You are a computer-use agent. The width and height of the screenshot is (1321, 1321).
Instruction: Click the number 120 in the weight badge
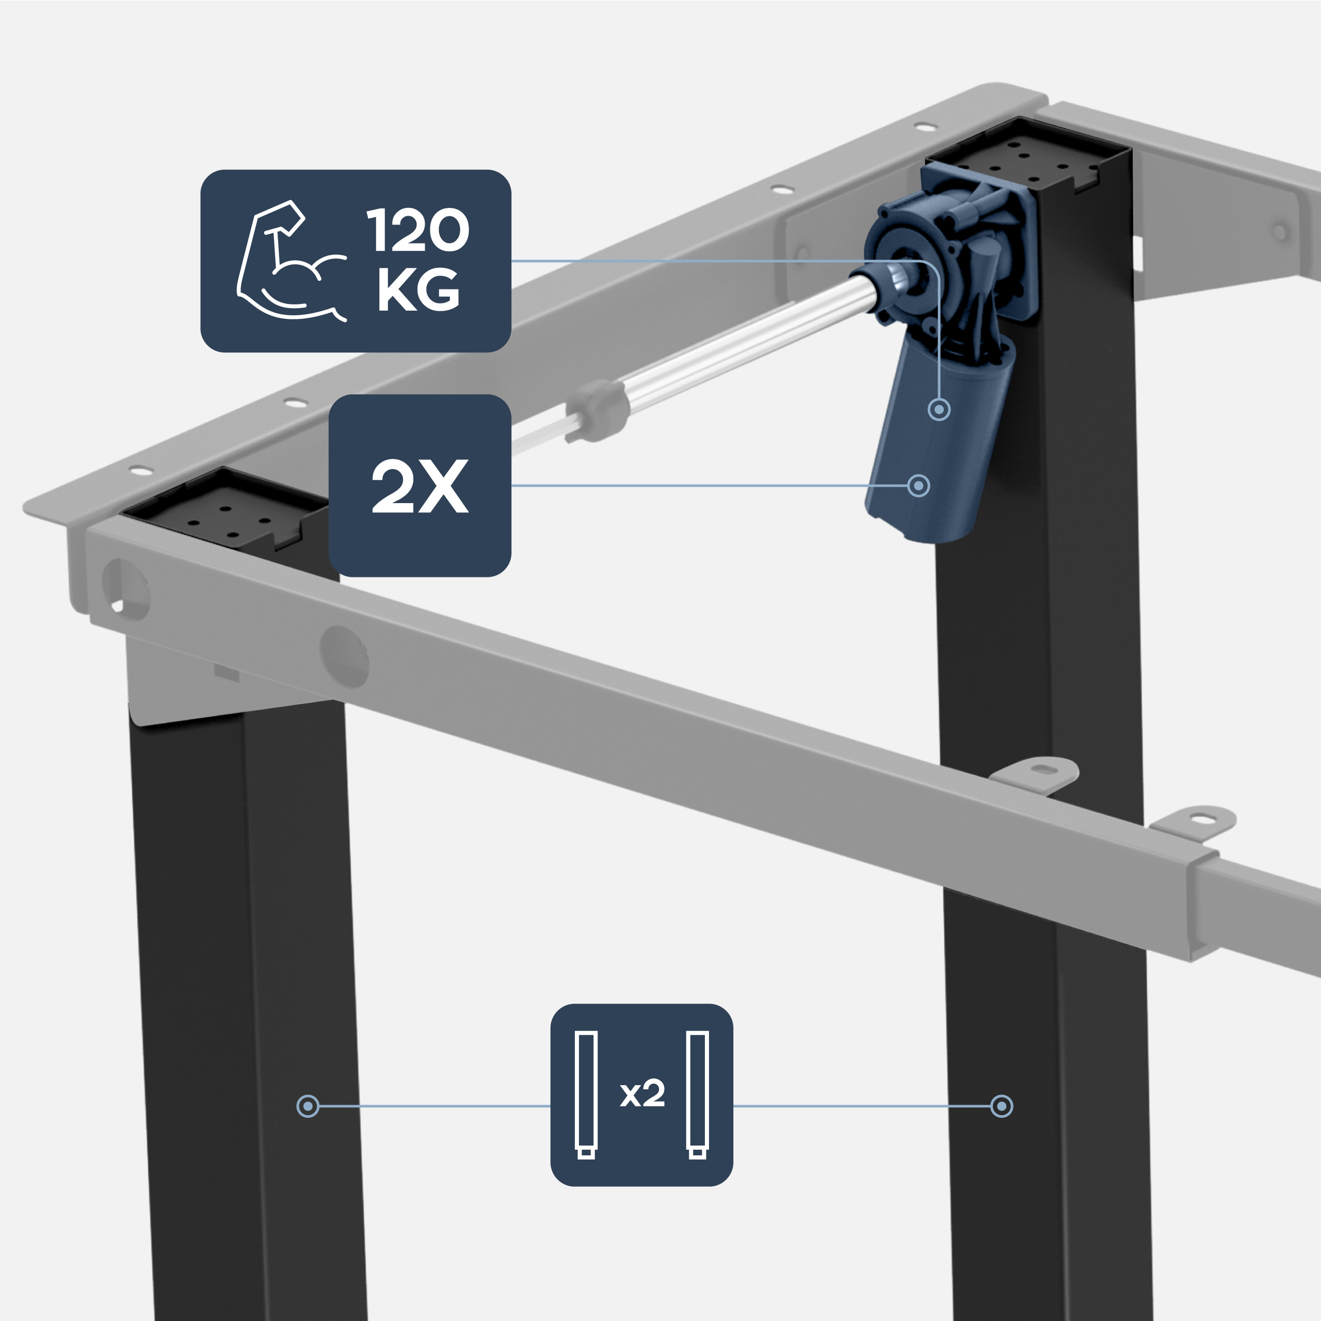pos(418,231)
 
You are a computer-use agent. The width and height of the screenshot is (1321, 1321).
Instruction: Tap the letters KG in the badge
pos(418,290)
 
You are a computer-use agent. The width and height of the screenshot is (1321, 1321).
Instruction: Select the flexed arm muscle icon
pos(290,261)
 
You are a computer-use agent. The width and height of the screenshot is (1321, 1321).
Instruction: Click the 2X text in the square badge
pos(420,486)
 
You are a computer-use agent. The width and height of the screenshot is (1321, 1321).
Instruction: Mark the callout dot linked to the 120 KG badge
pos(940,410)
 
